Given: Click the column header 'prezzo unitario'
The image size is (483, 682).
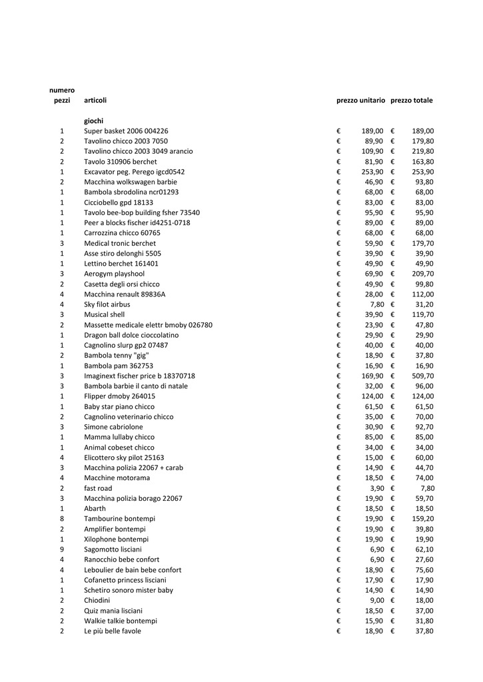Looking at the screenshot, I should [360, 101].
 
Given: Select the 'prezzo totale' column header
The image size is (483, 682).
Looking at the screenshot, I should [411, 101].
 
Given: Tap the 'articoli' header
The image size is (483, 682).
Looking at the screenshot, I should [95, 101].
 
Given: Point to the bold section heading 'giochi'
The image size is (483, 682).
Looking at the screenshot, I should [93, 121].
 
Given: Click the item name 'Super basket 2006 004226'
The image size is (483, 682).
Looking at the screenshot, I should [126, 131].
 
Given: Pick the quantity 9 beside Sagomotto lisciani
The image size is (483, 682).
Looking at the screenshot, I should [62, 549].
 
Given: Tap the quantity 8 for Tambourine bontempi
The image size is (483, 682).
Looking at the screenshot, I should [62, 519].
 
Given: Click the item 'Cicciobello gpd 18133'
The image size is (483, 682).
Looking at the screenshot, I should [119, 202].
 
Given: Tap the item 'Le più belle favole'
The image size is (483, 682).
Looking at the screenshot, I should [113, 631].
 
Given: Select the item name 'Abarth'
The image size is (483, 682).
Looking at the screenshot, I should [95, 509].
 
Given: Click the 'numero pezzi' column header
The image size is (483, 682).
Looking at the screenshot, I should [62, 95].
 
